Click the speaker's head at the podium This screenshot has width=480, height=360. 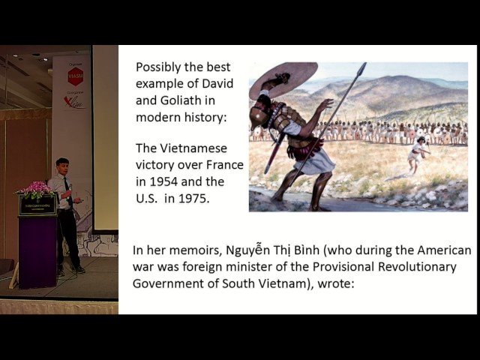click(x=63, y=165)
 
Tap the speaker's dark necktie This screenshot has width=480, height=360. click(x=67, y=190)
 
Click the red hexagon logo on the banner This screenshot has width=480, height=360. click(x=75, y=76)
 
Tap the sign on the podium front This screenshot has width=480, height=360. click(x=37, y=205)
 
